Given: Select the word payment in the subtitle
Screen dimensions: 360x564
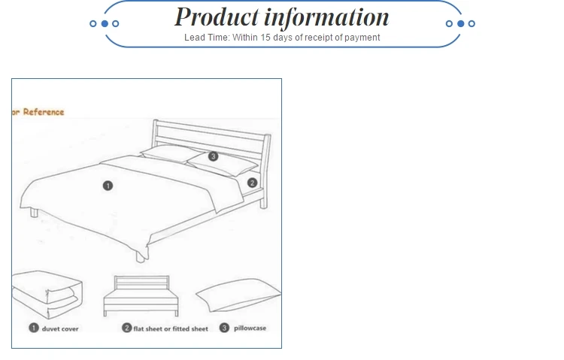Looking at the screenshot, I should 362,38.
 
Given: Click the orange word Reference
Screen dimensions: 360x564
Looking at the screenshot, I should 44,112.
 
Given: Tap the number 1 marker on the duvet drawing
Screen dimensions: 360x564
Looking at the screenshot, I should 108,185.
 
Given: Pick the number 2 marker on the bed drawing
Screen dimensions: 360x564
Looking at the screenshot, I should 253,182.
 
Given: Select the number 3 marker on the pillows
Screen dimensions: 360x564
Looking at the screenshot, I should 213,156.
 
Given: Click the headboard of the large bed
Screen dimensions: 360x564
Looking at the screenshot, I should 211,135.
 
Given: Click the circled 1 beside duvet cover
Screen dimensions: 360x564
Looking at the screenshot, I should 34,328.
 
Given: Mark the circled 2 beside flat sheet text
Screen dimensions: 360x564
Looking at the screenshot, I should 127,328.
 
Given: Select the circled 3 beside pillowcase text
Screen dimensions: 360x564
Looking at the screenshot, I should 224,328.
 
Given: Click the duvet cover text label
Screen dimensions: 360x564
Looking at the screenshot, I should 60,328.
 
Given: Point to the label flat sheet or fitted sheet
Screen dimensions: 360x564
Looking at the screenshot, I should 171,328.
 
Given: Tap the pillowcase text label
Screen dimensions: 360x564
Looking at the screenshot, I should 250,328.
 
